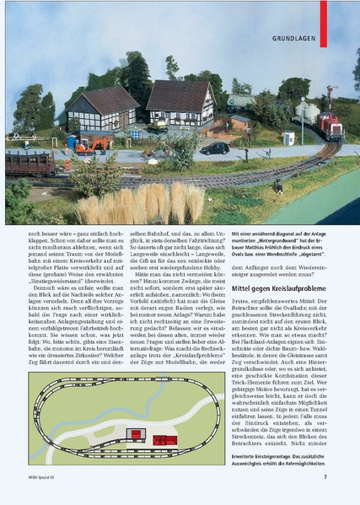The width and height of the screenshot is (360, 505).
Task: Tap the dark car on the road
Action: point(215,148)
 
